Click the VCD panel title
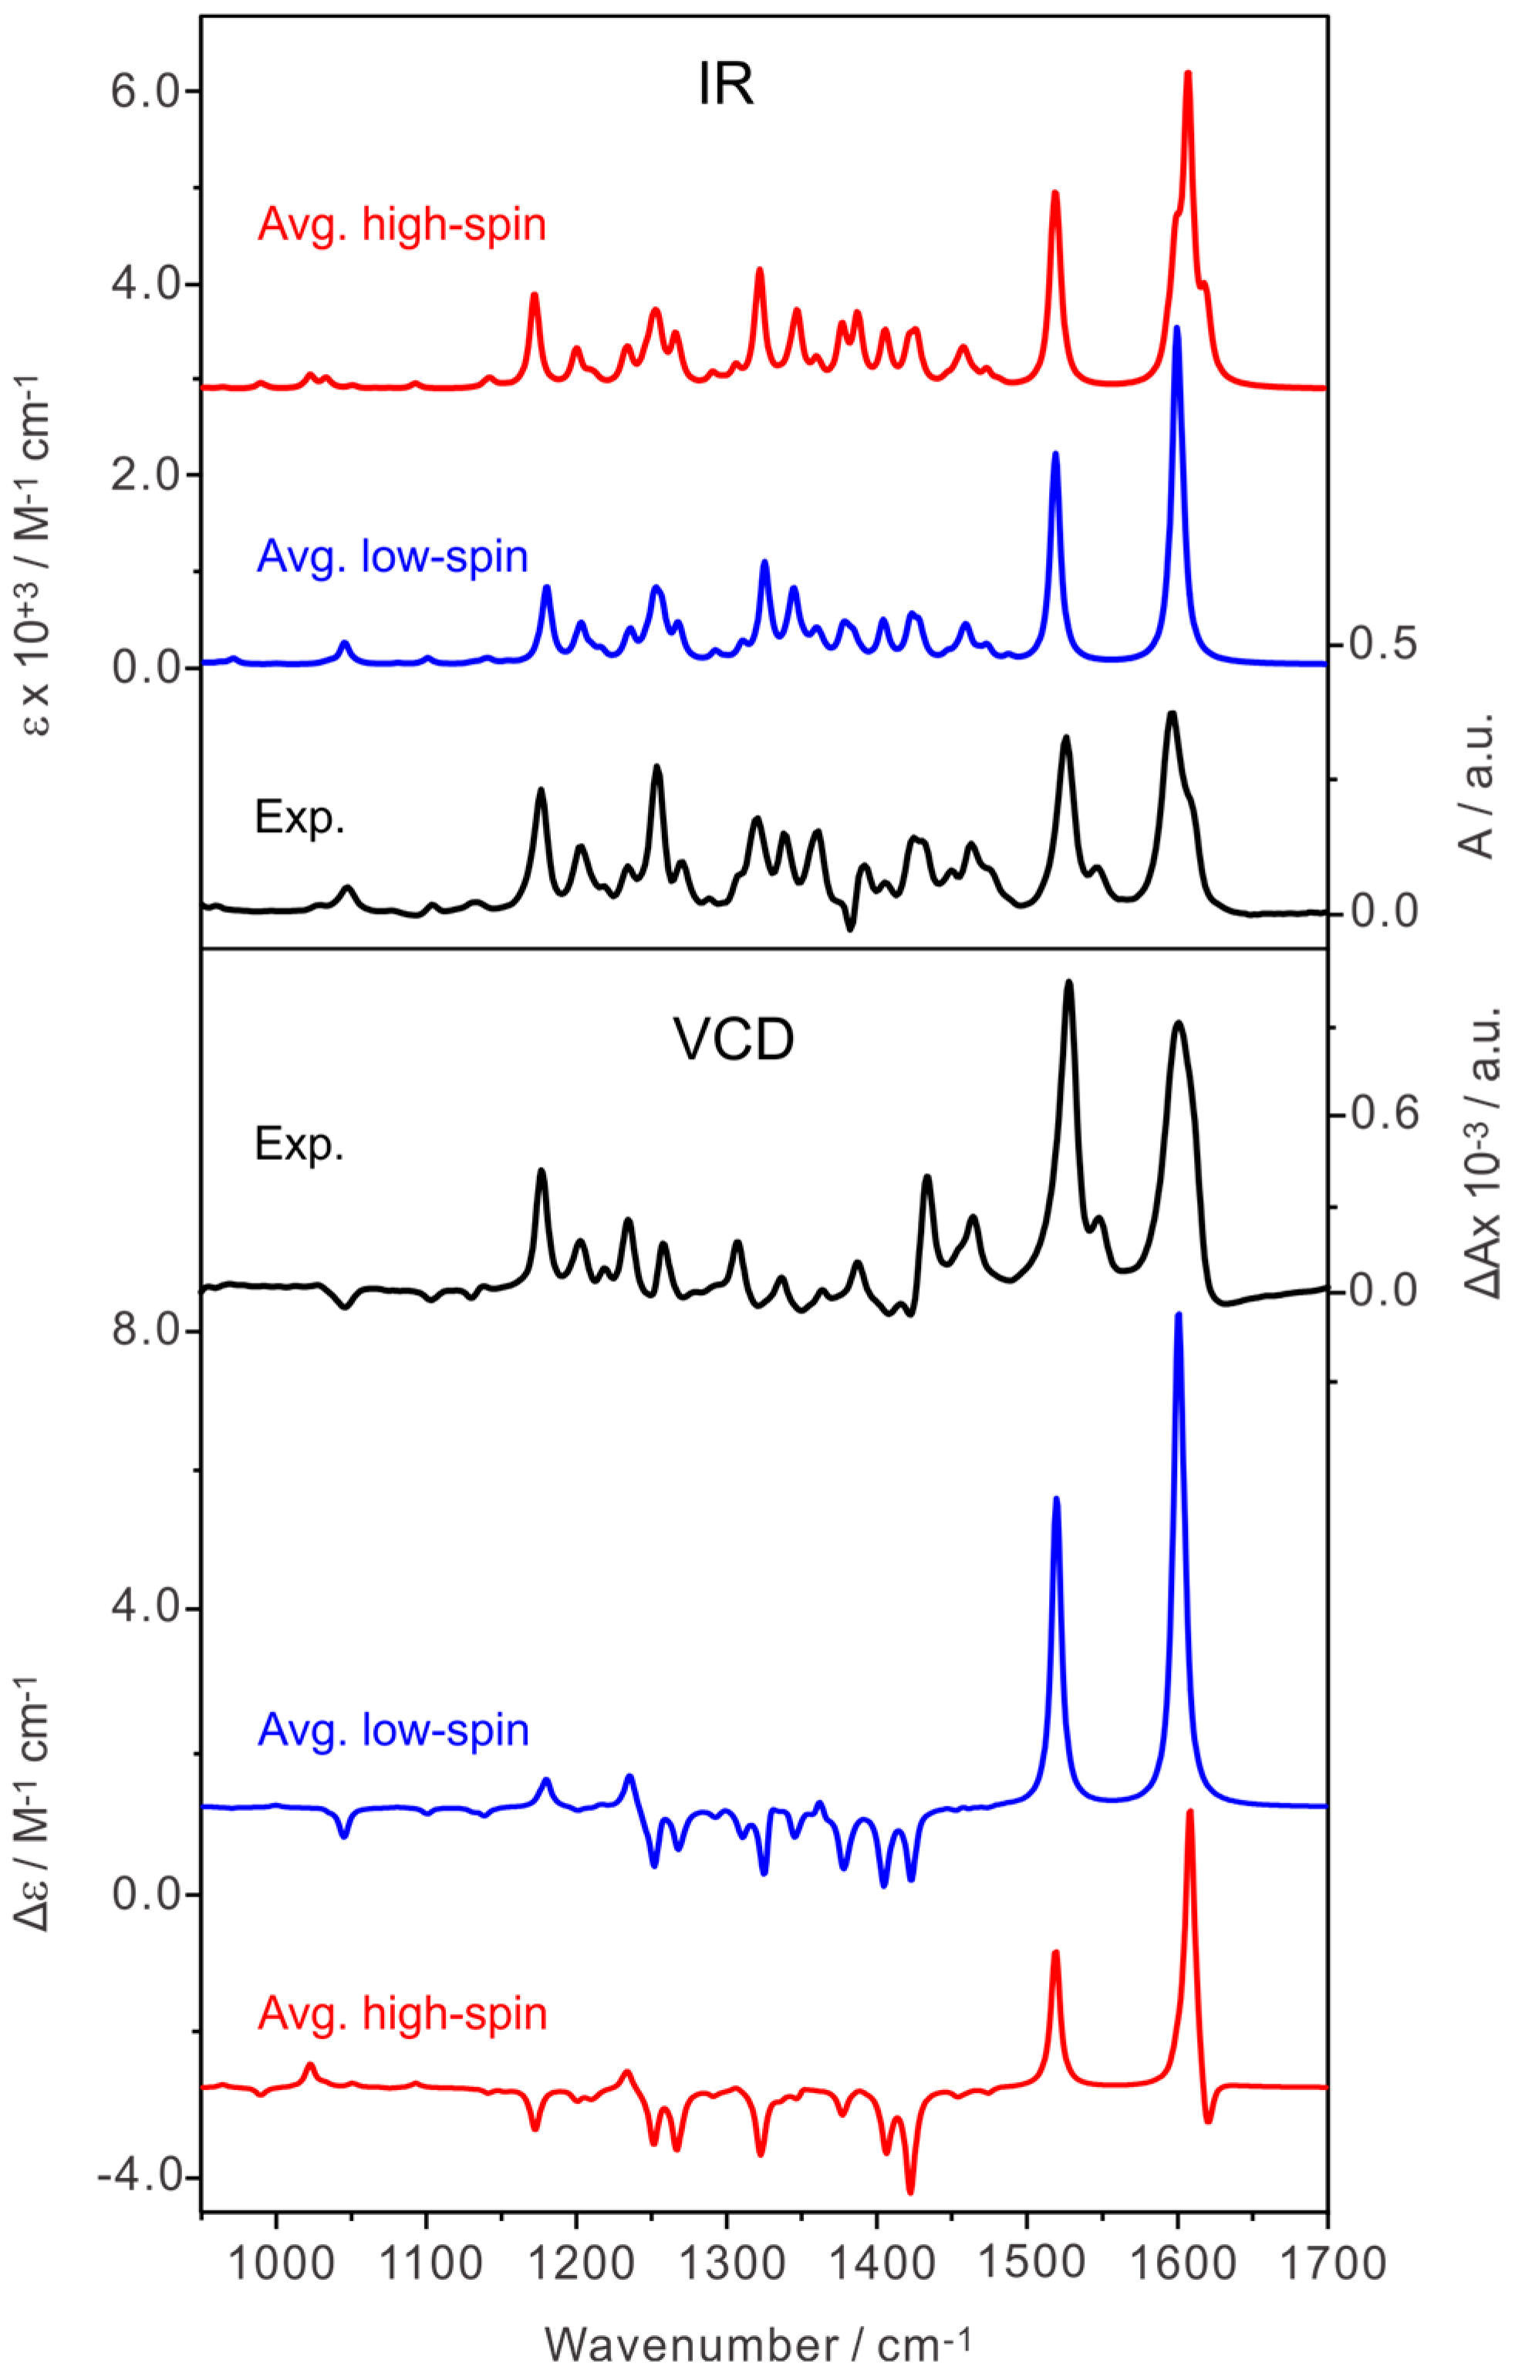coord(734,1040)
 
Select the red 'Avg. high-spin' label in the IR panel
coord(401,225)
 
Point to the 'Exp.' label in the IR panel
coord(299,817)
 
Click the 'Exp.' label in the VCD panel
coord(299,1144)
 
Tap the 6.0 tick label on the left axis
coord(147,91)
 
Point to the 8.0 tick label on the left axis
coord(147,1331)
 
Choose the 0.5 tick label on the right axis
coord(1384,643)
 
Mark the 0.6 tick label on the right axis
coord(1384,1114)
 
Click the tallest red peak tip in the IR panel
coord(1188,73)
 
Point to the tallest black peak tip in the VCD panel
coord(1068,982)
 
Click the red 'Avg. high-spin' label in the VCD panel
coord(402,2014)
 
